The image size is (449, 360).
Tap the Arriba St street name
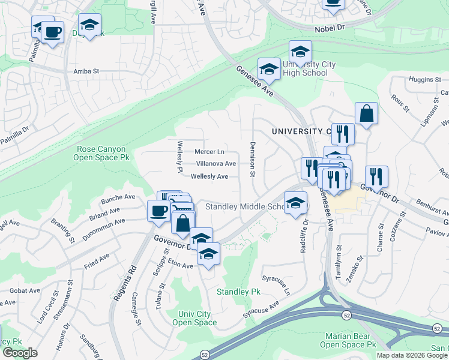click(86, 71)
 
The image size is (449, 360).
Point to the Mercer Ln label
click(209, 152)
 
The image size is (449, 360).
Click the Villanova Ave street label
click(215, 163)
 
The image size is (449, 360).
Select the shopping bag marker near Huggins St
click(366, 113)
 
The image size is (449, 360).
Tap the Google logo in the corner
click(20, 352)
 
